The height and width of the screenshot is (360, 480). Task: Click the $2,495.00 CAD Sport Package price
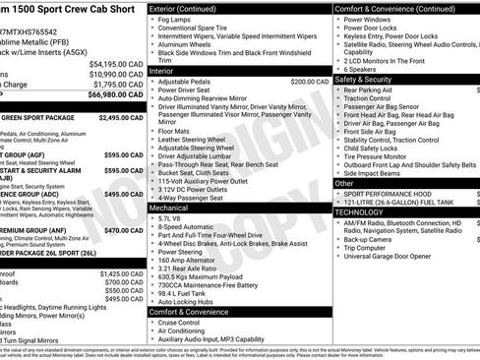pos(121,117)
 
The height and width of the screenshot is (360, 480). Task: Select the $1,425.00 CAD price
pos(121,273)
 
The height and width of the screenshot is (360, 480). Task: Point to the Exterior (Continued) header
pos(190,8)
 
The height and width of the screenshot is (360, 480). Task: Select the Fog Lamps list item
pos(176,20)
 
